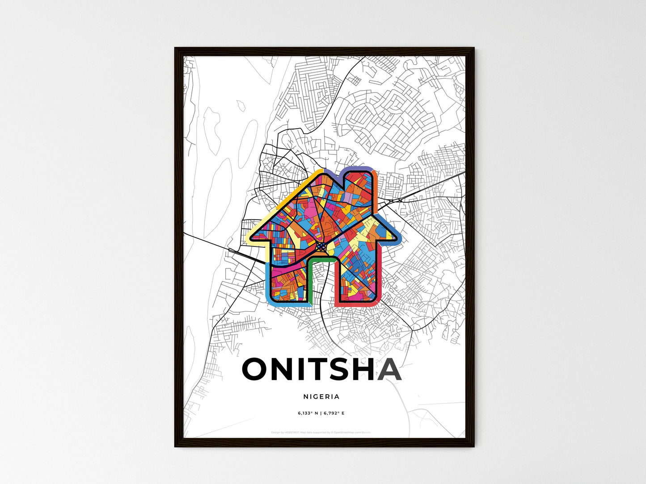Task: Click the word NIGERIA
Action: [321, 396]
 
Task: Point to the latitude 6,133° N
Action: [308, 413]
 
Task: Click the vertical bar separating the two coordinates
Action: [321, 413]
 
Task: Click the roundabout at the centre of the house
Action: [321, 246]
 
